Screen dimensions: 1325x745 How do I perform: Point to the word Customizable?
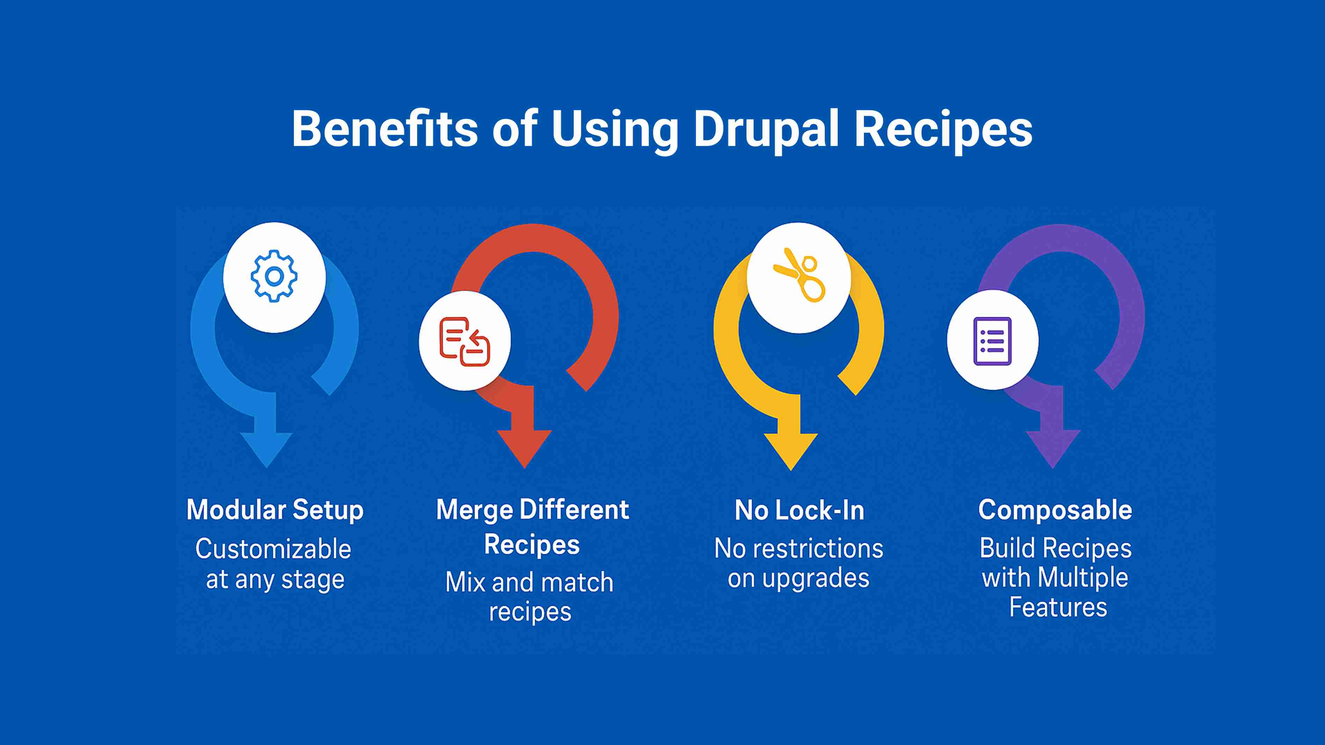click(273, 549)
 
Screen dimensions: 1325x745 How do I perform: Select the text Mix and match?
click(529, 583)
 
